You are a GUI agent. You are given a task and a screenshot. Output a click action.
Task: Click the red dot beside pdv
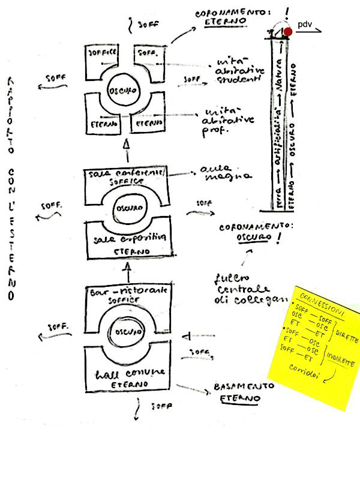pos(288,31)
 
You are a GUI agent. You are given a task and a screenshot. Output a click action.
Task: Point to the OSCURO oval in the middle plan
pos(127,211)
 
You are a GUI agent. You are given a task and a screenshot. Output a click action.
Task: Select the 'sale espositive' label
pos(126,239)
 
